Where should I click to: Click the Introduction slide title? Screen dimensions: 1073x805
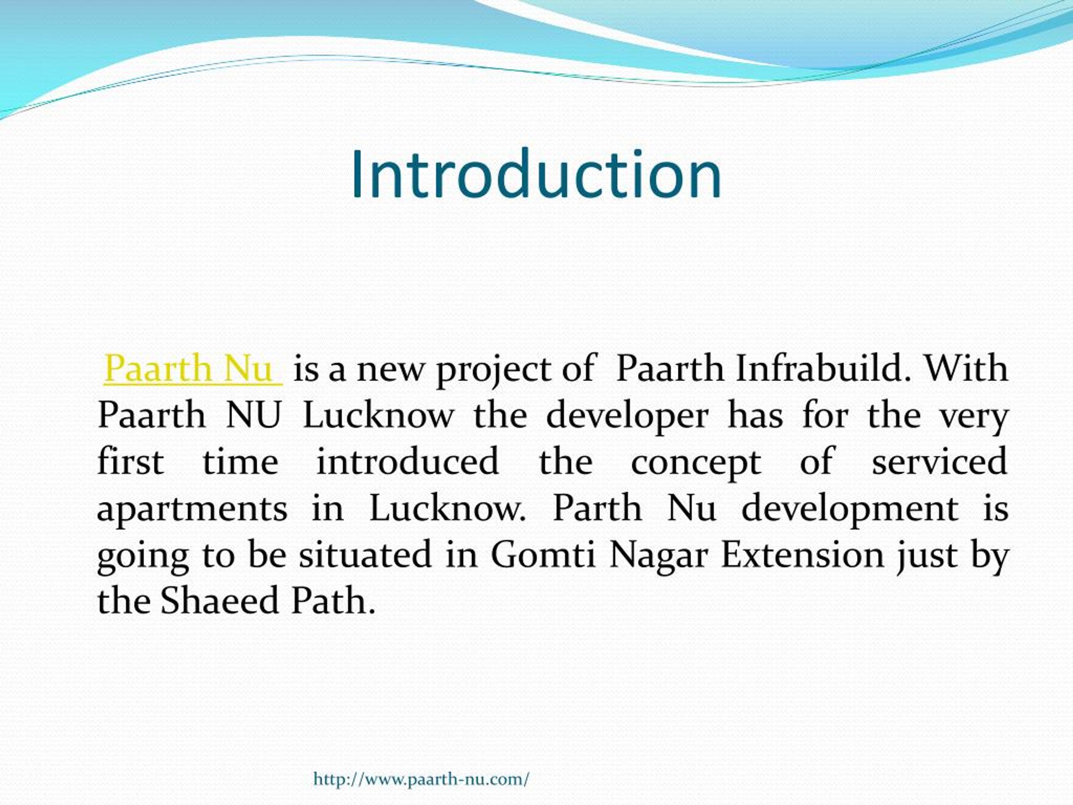536,175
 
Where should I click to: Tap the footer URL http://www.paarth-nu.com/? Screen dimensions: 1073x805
421,779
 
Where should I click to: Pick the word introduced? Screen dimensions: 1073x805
407,461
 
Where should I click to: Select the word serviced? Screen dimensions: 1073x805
940,461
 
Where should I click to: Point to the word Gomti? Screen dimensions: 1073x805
543,554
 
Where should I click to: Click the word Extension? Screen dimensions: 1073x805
802,554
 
